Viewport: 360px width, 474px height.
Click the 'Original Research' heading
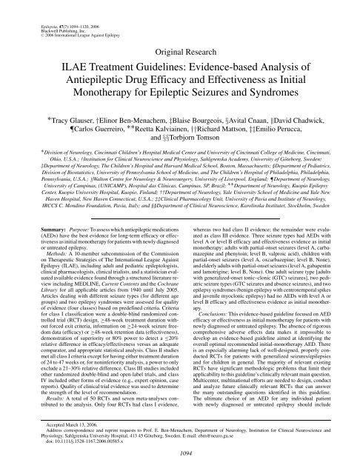point(180,33)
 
